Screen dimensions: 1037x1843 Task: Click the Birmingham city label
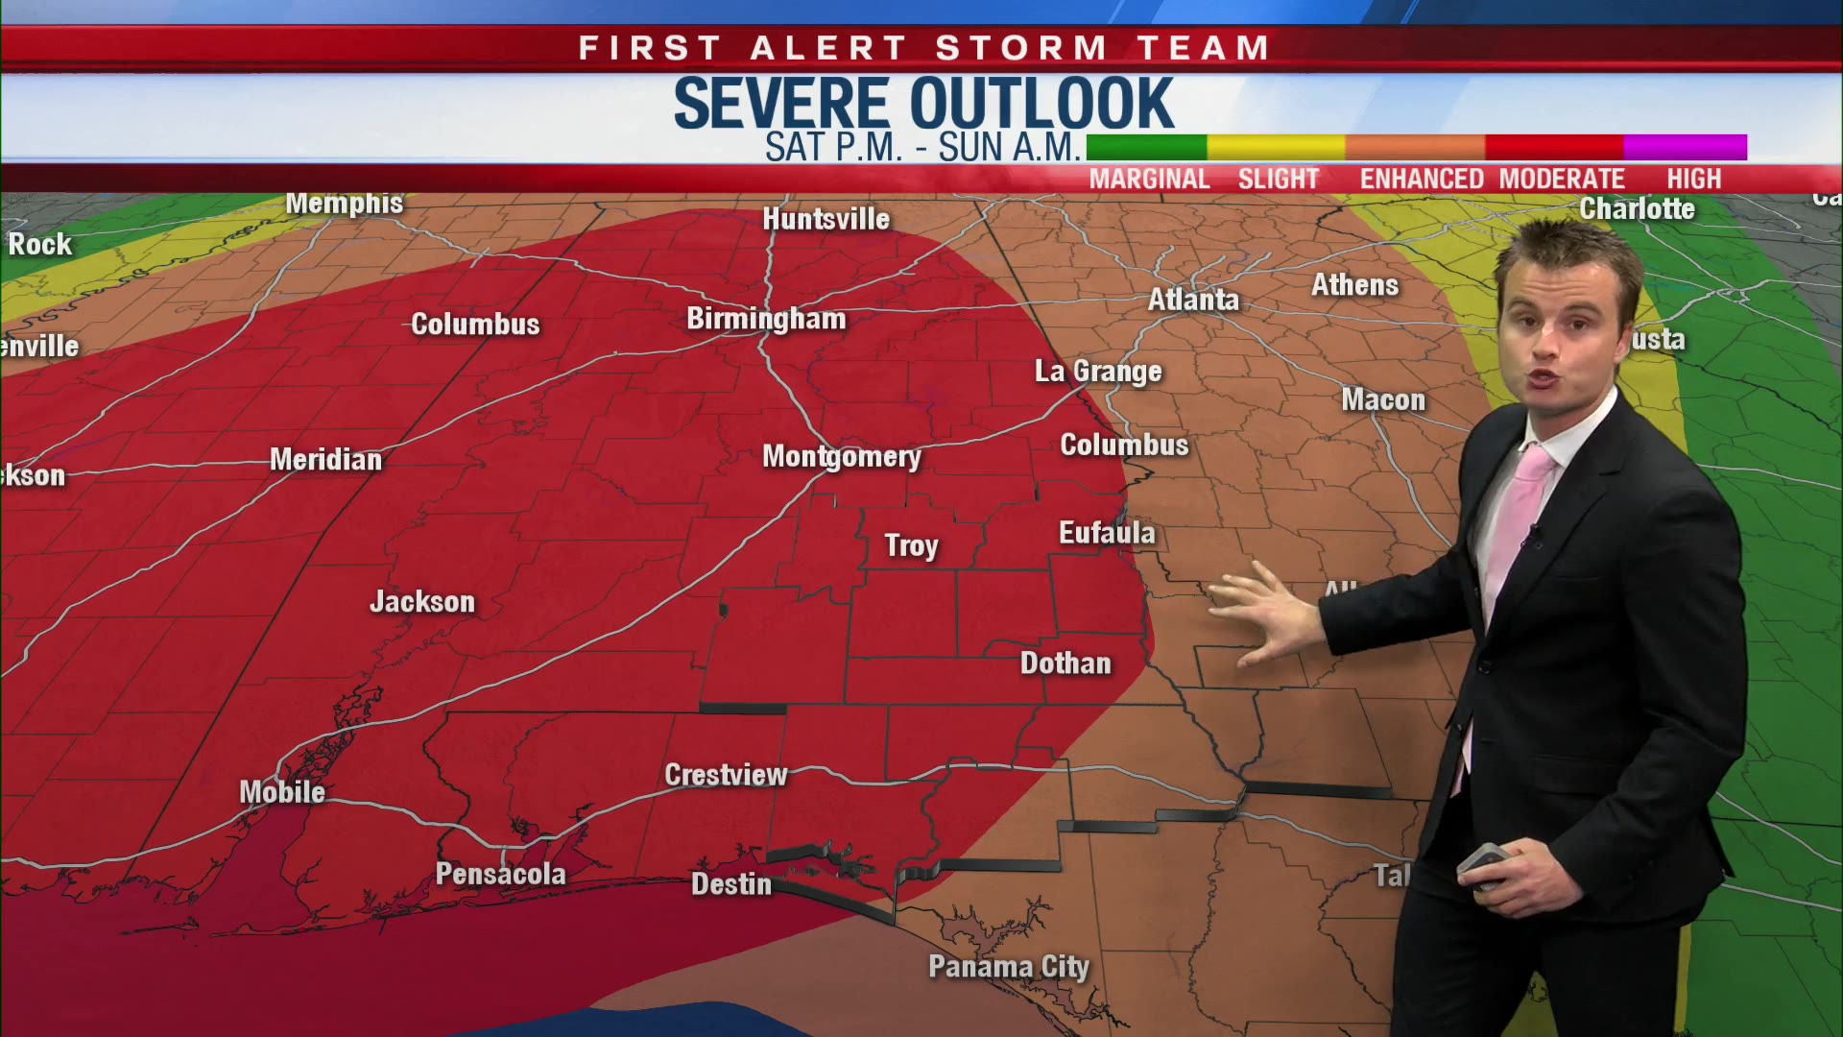coord(766,319)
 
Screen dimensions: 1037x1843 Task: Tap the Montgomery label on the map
coord(841,457)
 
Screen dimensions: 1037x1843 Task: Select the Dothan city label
coord(1065,663)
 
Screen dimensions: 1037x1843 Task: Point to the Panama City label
coord(1008,967)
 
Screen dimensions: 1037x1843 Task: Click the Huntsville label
coord(826,220)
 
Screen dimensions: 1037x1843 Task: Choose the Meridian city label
coord(325,460)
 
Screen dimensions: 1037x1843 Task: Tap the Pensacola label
coord(500,874)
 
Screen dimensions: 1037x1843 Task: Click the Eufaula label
coord(1107,533)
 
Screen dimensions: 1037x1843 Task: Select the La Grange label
coord(1098,372)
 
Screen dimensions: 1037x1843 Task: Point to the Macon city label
coord(1383,399)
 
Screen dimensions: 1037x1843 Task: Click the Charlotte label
coord(1637,209)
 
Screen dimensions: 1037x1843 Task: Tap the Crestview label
coord(726,775)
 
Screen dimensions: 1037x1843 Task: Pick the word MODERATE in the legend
coord(1562,180)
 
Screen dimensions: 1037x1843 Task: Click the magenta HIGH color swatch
coord(1685,147)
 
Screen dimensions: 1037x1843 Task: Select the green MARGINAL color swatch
coord(1146,147)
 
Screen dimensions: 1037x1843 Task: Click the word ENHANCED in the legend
coord(1422,180)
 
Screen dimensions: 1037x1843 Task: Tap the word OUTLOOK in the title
coord(1041,104)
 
